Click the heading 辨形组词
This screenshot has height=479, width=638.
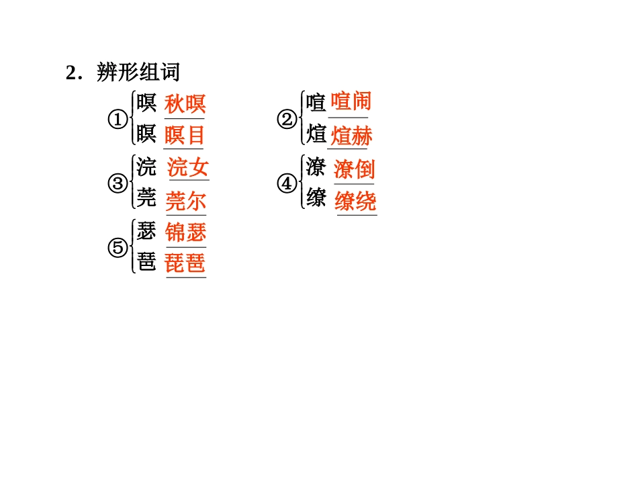pos(138,73)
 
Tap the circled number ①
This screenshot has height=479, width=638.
pos(118,120)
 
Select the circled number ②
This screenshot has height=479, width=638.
pos(287,120)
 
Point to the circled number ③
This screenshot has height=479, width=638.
pos(118,183)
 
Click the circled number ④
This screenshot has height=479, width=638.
pos(287,183)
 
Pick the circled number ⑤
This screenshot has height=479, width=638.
pos(118,248)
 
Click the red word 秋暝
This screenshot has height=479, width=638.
pos(185,104)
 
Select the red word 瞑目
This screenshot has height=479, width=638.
pos(185,135)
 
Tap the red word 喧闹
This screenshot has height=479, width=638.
pos(351,102)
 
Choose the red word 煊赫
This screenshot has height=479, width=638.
pos(352,136)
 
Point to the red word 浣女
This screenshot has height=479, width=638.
pos(188,167)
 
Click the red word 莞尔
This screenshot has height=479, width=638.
pos(186,200)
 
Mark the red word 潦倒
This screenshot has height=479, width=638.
pos(354,169)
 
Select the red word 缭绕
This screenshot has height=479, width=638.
pos(355,201)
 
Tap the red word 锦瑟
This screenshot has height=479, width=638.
pos(186,232)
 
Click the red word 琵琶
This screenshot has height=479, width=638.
pos(186,263)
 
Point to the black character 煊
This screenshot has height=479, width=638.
pos(316,134)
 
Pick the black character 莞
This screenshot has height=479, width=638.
pos(146,199)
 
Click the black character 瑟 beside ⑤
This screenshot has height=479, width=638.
pos(146,232)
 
